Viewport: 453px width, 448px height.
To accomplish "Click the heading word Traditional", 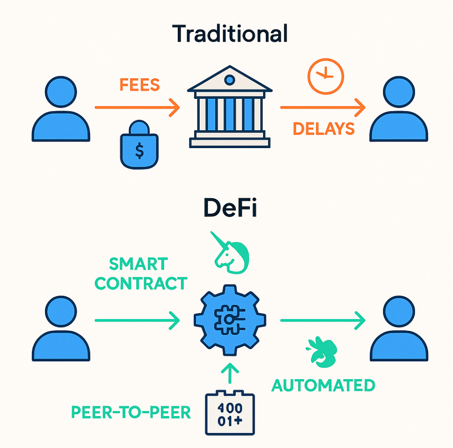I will pyautogui.click(x=230, y=34).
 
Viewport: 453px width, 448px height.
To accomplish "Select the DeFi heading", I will pyautogui.click(x=230, y=209).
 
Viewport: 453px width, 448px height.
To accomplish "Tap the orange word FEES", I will pyautogui.click(x=140, y=85).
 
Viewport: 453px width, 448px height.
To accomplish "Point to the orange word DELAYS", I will pyautogui.click(x=324, y=128).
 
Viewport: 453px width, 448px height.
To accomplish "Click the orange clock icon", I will pyautogui.click(x=325, y=75).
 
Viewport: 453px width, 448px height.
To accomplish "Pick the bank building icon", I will pyautogui.click(x=229, y=108).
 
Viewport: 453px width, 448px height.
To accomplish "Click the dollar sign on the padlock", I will pyautogui.click(x=139, y=150).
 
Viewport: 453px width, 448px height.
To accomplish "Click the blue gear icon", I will pyautogui.click(x=229, y=320).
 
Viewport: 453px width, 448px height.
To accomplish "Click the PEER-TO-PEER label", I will pyautogui.click(x=131, y=412).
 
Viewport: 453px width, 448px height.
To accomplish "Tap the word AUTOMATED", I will pyautogui.click(x=324, y=385).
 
